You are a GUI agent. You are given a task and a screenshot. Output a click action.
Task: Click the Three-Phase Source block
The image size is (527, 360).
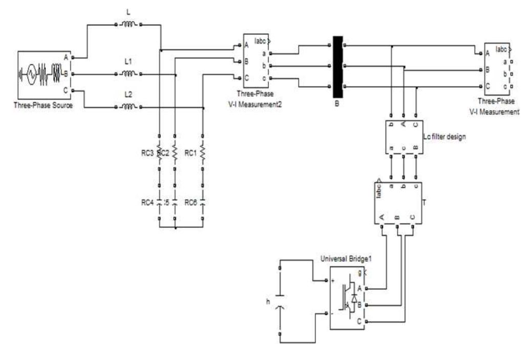coord(43,74)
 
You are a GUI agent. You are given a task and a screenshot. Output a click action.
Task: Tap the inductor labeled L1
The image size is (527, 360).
coord(128,74)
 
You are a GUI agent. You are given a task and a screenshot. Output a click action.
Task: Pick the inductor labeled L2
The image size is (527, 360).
coord(128,107)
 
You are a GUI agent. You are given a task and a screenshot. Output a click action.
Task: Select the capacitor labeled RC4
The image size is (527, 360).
coord(160,202)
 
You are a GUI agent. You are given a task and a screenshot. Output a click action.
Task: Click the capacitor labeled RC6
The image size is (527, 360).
coord(203,202)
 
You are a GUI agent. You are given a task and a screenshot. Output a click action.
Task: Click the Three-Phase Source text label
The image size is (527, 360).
coord(44,105)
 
